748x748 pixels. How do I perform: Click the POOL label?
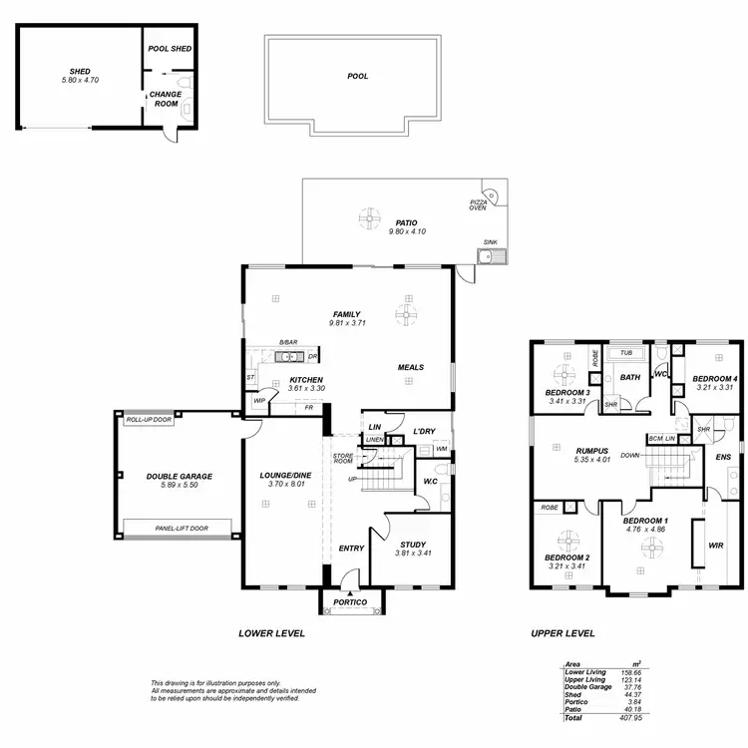point(357,76)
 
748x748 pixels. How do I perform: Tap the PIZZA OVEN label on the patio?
point(480,204)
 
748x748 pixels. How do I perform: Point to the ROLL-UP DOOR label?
point(149,420)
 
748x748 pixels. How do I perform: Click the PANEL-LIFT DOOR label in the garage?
point(167,528)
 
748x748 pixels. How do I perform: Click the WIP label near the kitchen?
point(259,401)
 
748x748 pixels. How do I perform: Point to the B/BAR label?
point(289,342)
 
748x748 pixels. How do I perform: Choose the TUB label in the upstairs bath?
point(626,353)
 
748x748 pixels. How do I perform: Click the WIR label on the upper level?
point(714,546)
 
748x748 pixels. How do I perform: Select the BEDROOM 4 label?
point(715,378)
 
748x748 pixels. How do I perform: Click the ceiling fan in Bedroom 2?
point(567,537)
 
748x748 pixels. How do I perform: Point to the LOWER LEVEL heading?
point(271,633)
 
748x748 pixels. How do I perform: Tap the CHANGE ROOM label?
point(166,99)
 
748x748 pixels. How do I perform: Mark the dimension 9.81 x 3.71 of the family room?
point(346,324)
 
